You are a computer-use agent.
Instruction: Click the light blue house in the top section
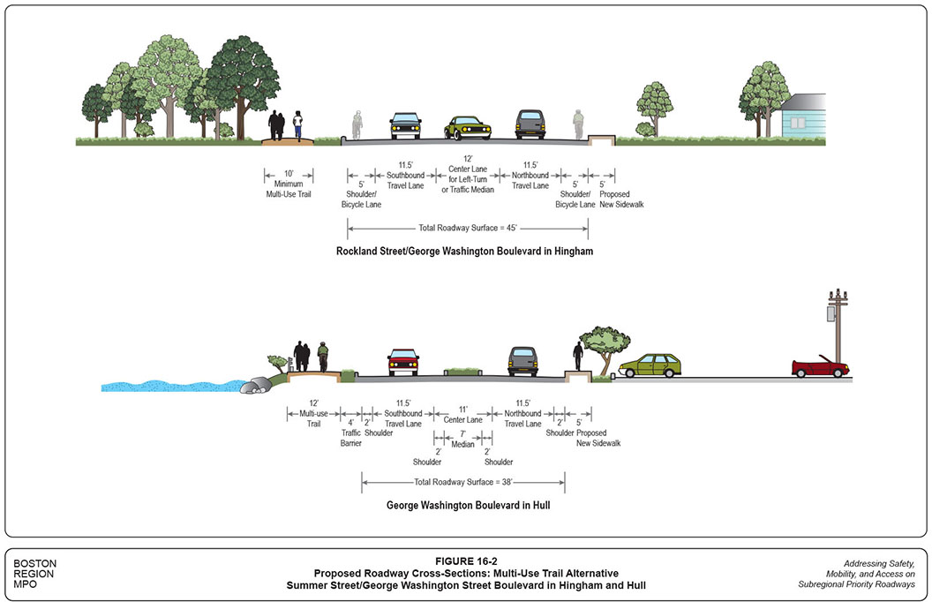[803, 117]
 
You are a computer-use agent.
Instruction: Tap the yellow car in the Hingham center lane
[467, 128]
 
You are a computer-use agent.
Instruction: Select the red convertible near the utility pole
[820, 367]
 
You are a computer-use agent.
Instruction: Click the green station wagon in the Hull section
[654, 365]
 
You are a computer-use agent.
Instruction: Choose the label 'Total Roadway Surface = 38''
[463, 482]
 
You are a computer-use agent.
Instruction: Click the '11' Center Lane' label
[462, 415]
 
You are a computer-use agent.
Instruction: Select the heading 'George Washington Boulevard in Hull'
[464, 507]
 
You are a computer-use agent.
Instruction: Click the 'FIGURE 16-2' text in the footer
[466, 561]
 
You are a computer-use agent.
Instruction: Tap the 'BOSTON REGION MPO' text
[35, 574]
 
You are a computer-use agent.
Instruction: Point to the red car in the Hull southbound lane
[403, 362]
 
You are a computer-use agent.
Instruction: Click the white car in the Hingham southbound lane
[405, 126]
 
